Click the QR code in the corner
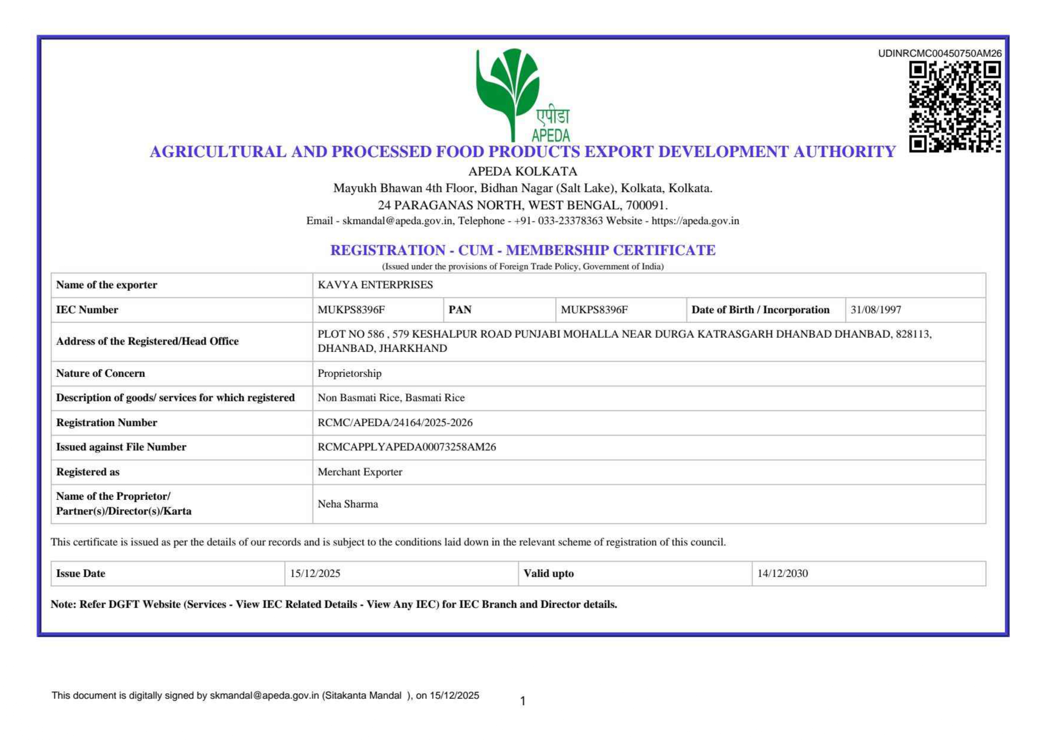[954, 108]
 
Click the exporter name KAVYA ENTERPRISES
[375, 285]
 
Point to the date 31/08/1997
[876, 310]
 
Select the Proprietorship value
[349, 374]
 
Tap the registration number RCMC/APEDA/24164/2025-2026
[395, 423]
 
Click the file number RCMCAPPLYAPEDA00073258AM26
[406, 447]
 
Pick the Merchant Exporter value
[360, 472]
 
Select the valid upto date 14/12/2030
[783, 574]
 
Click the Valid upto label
[548, 574]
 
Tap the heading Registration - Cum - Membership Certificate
[523, 250]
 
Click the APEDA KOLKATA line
[523, 172]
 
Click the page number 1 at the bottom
[523, 701]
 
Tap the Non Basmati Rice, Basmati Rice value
[391, 398]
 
